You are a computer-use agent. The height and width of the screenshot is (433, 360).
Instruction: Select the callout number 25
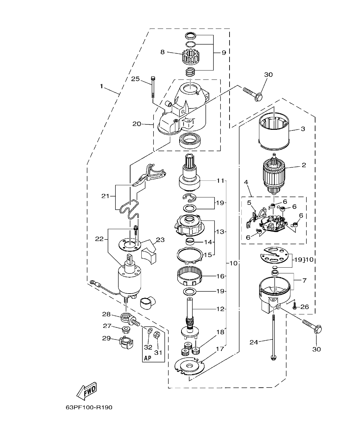click(135, 79)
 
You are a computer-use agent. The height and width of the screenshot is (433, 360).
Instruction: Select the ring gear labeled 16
click(190, 275)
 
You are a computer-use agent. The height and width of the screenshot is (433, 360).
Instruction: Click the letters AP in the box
click(147, 358)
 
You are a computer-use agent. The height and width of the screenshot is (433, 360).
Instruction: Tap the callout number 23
click(160, 240)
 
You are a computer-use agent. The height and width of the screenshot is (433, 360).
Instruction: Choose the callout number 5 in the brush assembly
click(249, 203)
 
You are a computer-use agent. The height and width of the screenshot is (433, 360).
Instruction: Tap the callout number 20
click(137, 124)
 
